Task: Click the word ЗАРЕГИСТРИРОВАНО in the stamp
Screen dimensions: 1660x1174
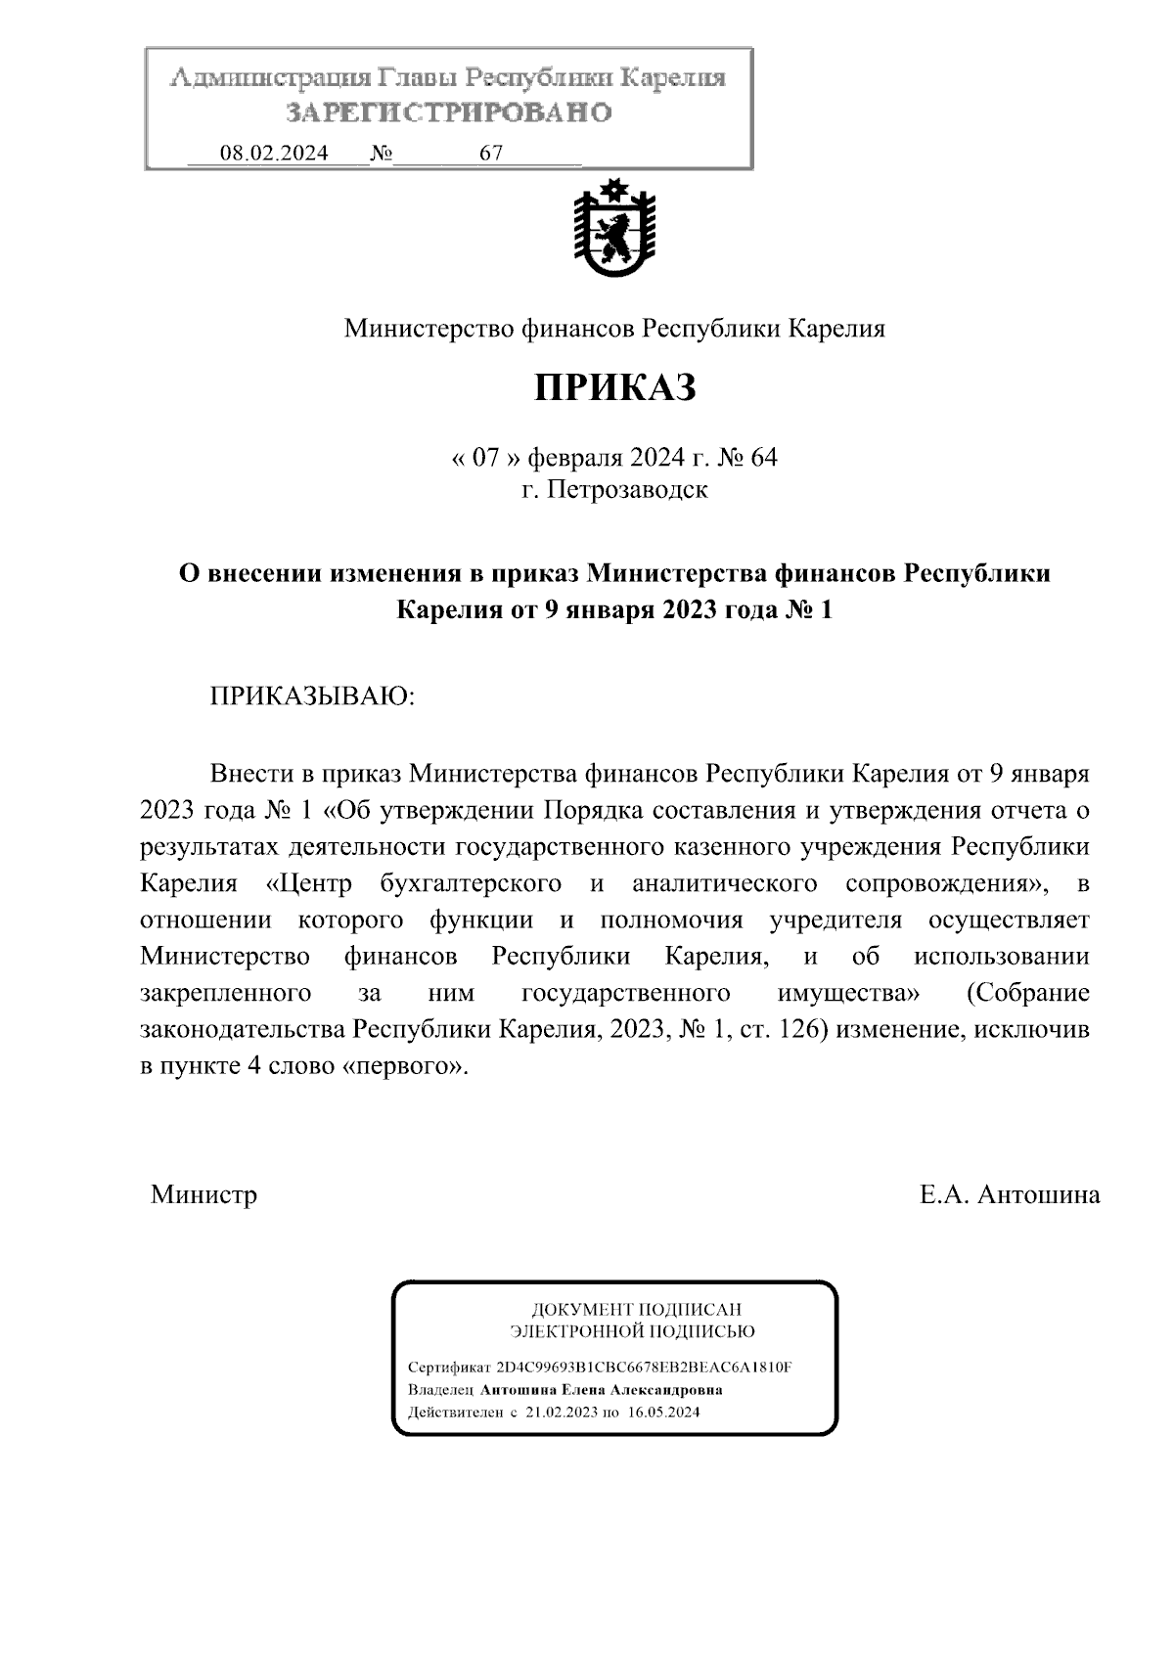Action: [449, 113]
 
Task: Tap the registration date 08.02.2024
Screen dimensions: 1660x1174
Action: [274, 154]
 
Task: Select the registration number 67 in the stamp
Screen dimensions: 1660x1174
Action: [491, 154]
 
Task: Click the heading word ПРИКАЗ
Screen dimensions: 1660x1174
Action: [614, 388]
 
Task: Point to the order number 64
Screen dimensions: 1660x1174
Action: [763, 457]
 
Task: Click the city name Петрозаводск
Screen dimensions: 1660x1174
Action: [627, 488]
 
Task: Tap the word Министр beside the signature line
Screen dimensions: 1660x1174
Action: [203, 1194]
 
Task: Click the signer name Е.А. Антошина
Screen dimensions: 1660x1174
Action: [1009, 1194]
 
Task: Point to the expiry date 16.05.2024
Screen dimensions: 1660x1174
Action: [664, 1413]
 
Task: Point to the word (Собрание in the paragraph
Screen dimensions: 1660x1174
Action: [1027, 993]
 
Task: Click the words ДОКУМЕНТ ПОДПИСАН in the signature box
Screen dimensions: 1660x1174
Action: [636, 1309]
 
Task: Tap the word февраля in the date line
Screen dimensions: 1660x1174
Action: [575, 457]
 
